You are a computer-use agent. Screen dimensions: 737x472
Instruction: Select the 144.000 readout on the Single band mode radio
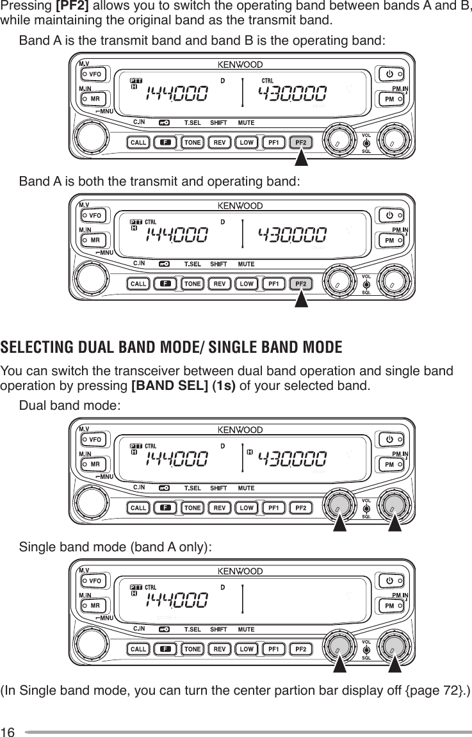click(x=177, y=601)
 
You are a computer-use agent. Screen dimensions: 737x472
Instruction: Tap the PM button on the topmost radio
click(x=389, y=100)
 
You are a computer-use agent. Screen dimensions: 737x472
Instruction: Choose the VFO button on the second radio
click(x=94, y=216)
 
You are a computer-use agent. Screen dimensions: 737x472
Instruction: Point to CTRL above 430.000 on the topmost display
click(x=268, y=80)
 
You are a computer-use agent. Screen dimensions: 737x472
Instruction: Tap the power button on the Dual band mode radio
click(x=389, y=439)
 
